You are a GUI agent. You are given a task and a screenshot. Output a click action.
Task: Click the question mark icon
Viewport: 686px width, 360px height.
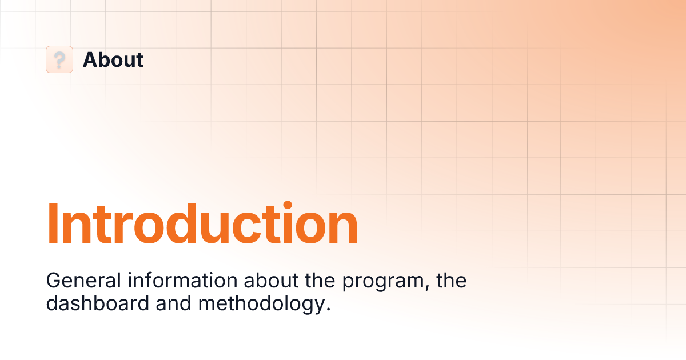coord(59,59)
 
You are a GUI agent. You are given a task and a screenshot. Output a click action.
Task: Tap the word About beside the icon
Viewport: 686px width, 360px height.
coord(113,59)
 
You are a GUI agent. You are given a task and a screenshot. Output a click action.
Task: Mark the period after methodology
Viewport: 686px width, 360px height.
coord(328,309)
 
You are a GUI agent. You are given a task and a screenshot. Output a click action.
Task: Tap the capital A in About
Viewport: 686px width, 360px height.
coord(90,59)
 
